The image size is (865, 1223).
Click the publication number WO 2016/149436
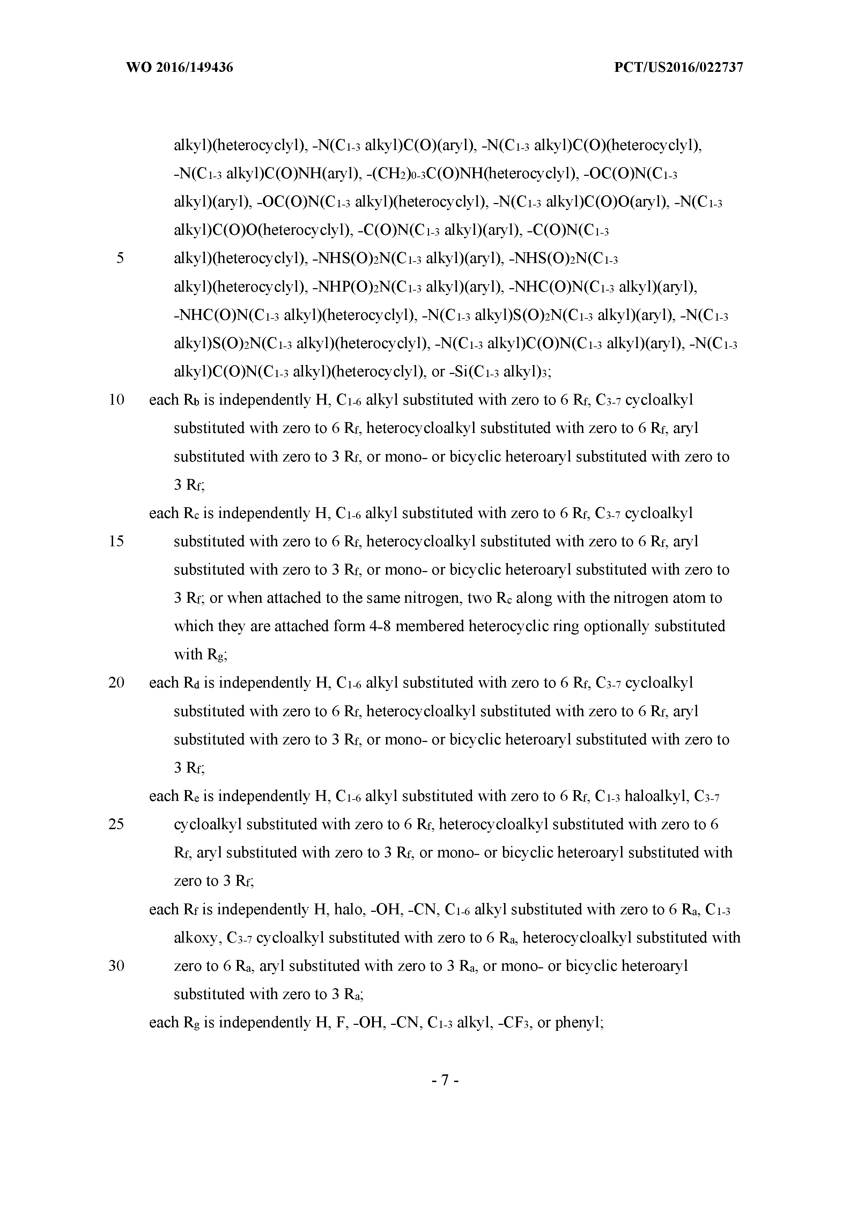coord(180,68)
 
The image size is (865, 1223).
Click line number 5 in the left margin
coord(120,258)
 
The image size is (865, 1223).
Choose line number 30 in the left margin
coord(116,966)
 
